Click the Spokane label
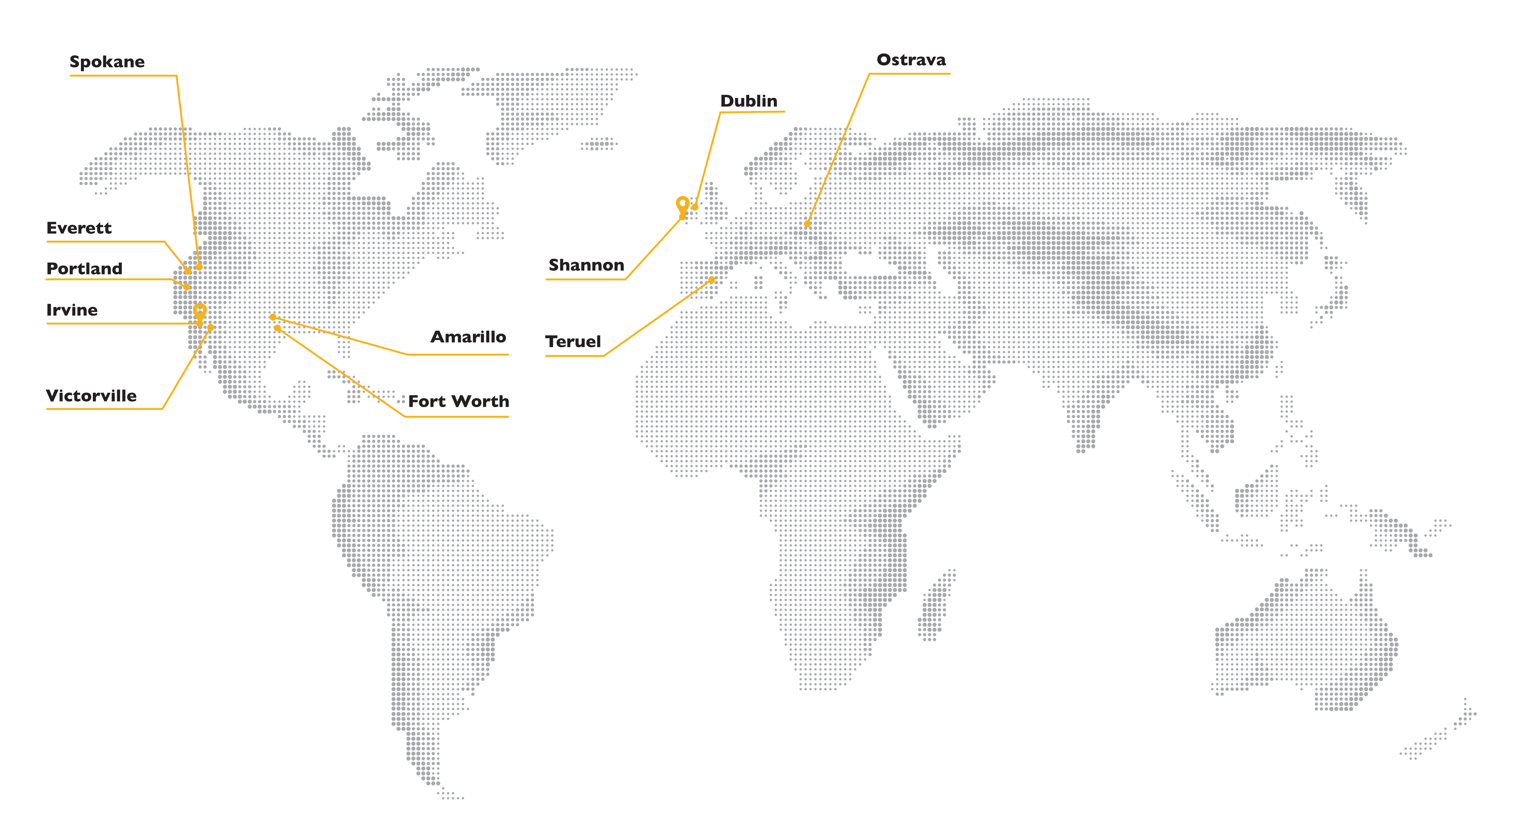pos(107,62)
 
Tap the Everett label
pos(79,228)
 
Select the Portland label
pos(84,269)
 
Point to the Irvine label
pos(72,310)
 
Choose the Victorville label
pos(91,396)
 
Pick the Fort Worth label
pos(458,401)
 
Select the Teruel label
pos(573,342)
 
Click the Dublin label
pos(748,101)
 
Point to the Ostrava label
pos(911,59)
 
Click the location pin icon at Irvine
pos(200,311)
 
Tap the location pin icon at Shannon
pos(683,205)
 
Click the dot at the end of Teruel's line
pos(712,280)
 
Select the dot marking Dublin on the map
pos(695,207)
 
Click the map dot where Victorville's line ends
pos(210,327)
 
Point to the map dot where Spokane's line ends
pos(199,267)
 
